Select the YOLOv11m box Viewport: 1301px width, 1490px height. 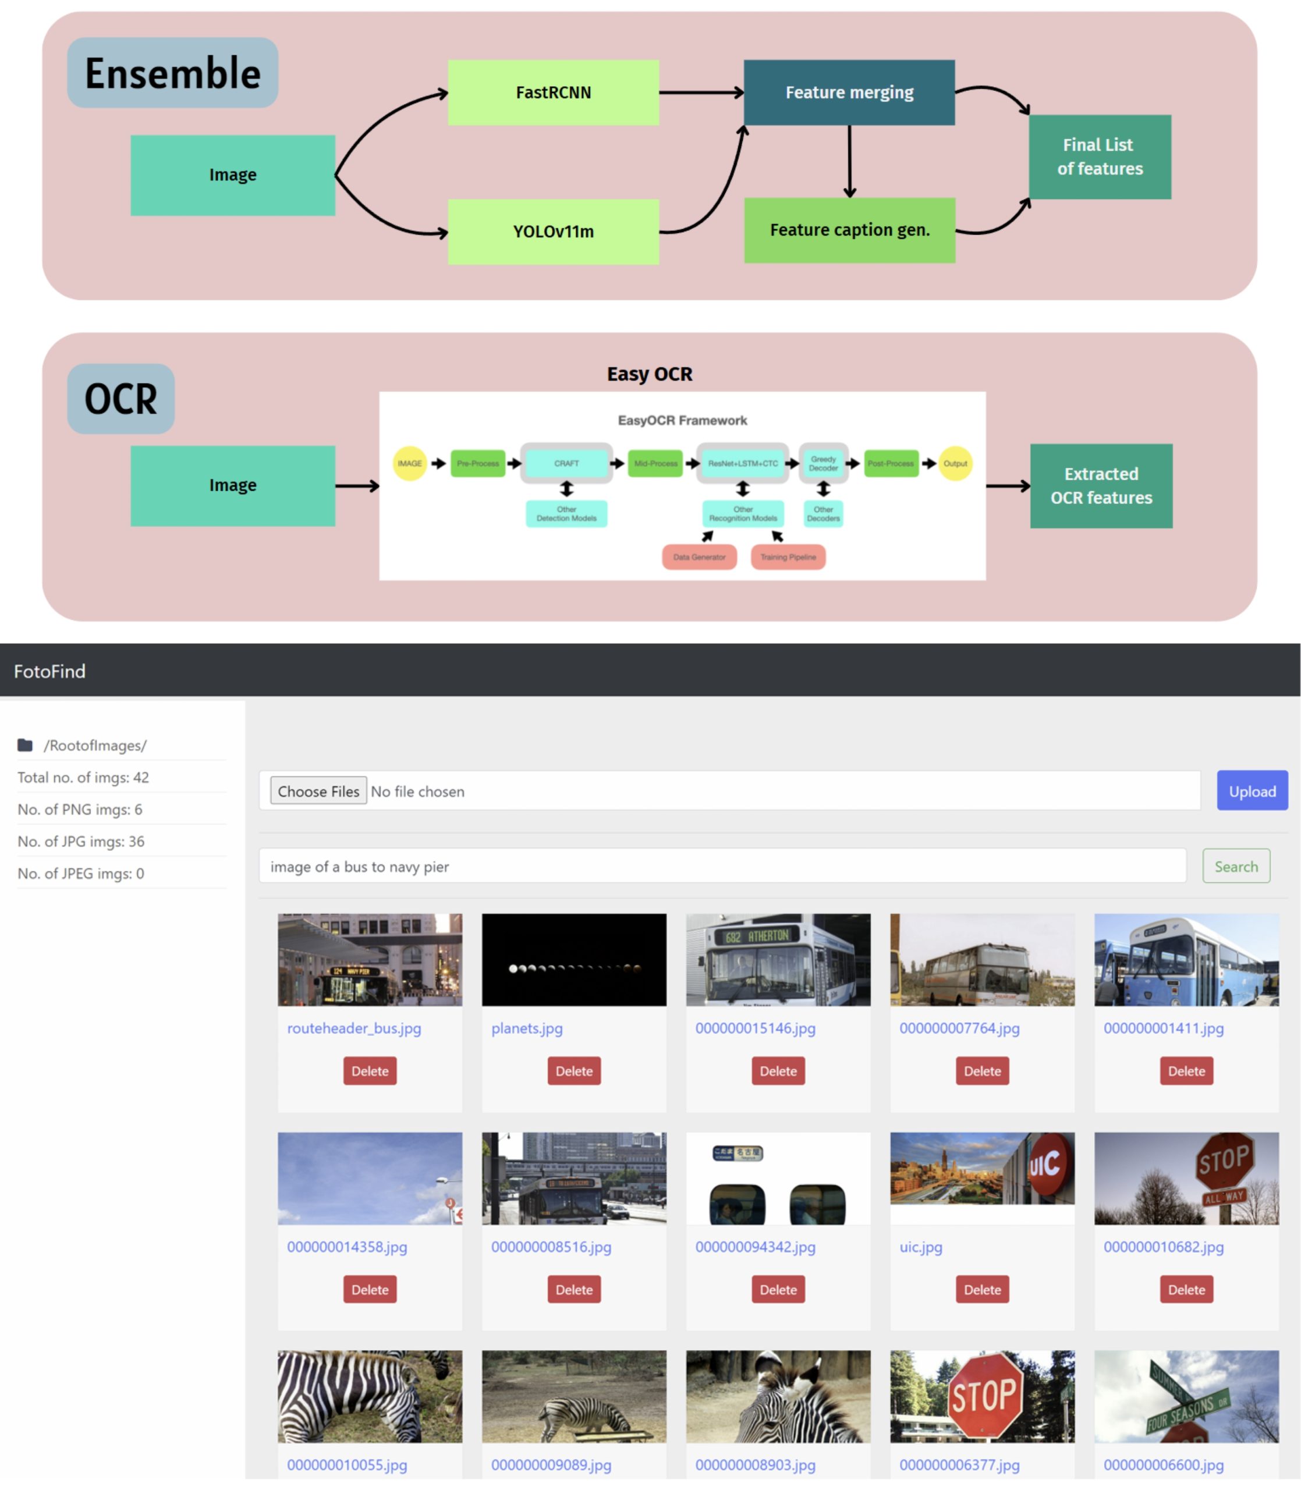[x=553, y=232]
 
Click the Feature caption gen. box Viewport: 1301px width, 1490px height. [x=849, y=230]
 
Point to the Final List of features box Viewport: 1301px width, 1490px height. [x=1099, y=157]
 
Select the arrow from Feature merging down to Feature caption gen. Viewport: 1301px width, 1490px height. [x=849, y=161]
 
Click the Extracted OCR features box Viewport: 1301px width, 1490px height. [x=1101, y=485]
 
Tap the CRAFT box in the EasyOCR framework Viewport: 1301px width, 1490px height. [x=566, y=463]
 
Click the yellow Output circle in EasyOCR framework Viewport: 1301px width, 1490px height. [x=955, y=463]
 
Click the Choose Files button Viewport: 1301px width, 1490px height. [x=318, y=791]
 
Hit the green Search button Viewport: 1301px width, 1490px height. [x=1236, y=866]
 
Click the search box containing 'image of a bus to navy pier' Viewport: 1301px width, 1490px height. [x=722, y=866]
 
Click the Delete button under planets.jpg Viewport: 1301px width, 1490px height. [x=573, y=1070]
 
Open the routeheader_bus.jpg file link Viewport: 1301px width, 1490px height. [x=353, y=1028]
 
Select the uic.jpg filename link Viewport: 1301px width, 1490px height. [x=920, y=1247]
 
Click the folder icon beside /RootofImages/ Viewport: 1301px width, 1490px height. [x=26, y=744]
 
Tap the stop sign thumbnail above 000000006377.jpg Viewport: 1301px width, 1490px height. [x=982, y=1396]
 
